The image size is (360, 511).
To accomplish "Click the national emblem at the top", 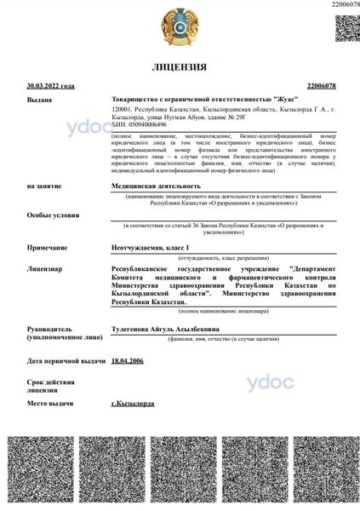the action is pos(179,26).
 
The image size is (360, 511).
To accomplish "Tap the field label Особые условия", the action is pos(51,215).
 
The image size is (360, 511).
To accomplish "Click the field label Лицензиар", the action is pos(44,268).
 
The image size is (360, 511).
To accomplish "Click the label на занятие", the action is pos(43,185).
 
